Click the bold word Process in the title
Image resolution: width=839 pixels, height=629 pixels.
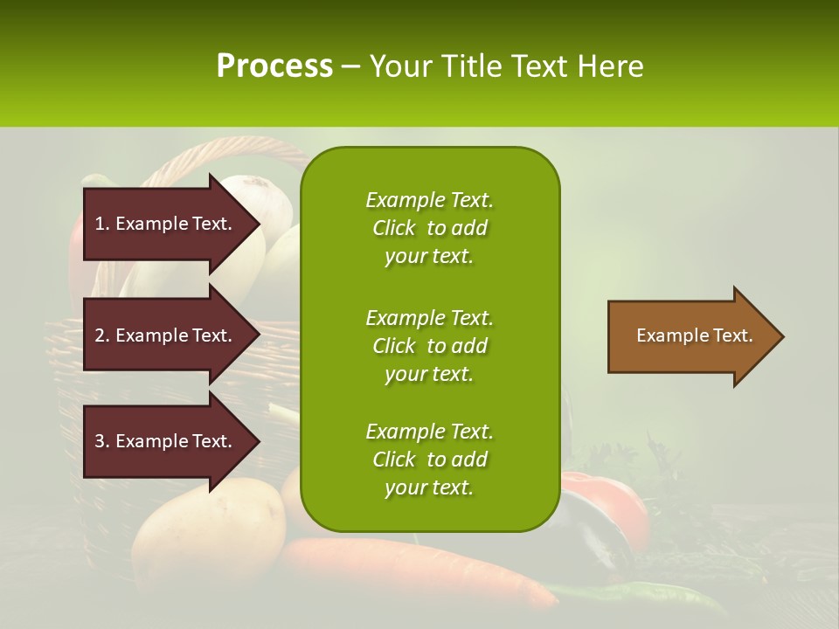(274, 66)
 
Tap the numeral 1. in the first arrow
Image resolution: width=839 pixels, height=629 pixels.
(101, 224)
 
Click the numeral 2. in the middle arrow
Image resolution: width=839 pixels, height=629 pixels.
(101, 335)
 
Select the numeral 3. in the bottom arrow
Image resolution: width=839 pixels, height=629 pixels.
(101, 441)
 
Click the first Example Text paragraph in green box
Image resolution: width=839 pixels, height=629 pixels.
(429, 228)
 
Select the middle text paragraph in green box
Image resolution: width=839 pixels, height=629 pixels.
(429, 345)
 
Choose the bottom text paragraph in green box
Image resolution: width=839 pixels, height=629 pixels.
(429, 460)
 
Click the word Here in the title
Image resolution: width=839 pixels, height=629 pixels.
(612, 66)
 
